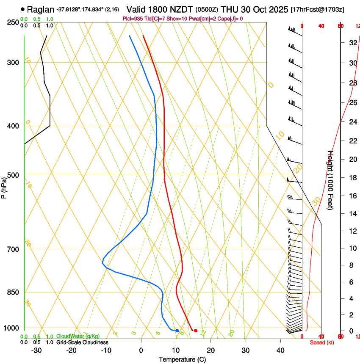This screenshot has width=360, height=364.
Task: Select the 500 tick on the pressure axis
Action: pyautogui.click(x=13, y=175)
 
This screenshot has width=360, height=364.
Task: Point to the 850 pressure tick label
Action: pyautogui.click(x=13, y=292)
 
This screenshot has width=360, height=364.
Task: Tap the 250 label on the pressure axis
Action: pyautogui.click(x=13, y=22)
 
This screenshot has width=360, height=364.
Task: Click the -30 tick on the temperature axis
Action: pyautogui.click(x=36, y=350)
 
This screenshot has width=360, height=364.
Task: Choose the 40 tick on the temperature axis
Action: pyautogui.click(x=280, y=350)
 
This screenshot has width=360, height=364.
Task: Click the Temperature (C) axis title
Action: pyautogui.click(x=182, y=359)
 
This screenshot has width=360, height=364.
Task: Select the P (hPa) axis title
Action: pyautogui.click(x=4, y=186)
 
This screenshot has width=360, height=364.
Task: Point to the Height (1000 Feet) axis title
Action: pyautogui.click(x=331, y=180)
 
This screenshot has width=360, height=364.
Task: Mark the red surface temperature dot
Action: pyautogui.click(x=195, y=331)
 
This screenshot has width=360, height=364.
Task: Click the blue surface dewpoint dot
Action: pyautogui.click(x=177, y=331)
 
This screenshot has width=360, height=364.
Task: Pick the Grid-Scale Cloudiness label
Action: pyautogui.click(x=82, y=342)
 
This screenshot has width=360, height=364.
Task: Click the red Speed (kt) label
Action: pyautogui.click(x=322, y=342)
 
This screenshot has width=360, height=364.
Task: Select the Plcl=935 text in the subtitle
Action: pyautogui.click(x=133, y=19)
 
